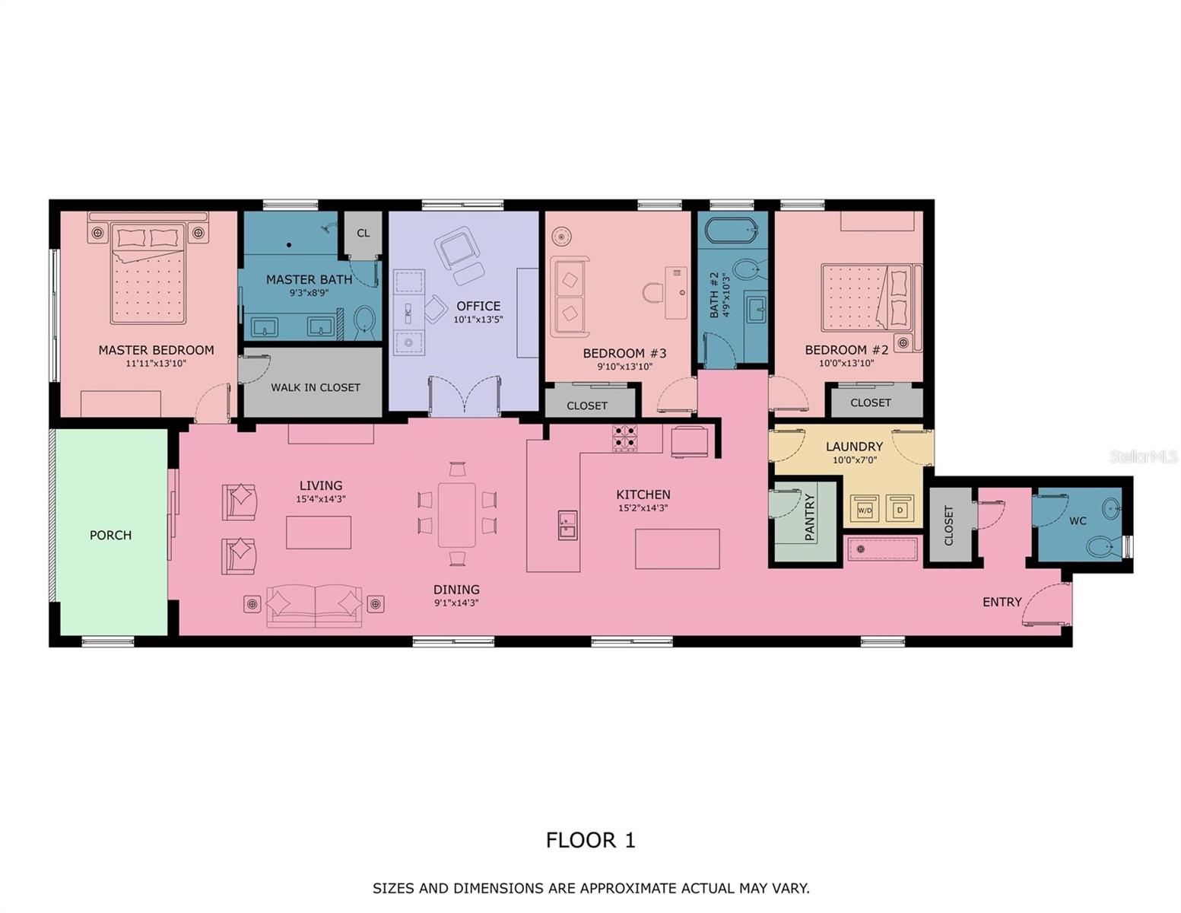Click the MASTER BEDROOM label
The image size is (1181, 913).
click(x=156, y=350)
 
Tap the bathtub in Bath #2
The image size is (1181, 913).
click(x=732, y=230)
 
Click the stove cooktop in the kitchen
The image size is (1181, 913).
click(x=625, y=438)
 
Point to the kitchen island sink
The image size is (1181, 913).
click(x=567, y=525)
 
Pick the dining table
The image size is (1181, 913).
click(x=456, y=515)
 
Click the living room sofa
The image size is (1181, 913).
click(x=314, y=605)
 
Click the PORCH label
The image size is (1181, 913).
click(x=110, y=535)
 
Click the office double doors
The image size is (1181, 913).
click(x=465, y=396)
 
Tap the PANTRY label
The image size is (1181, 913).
click(x=809, y=518)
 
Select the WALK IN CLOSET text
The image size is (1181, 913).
click(x=316, y=387)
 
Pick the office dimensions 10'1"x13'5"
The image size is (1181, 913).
click(x=478, y=320)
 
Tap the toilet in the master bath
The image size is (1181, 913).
click(x=364, y=321)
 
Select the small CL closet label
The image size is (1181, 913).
click(x=364, y=233)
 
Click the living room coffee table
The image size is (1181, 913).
click(x=319, y=532)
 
